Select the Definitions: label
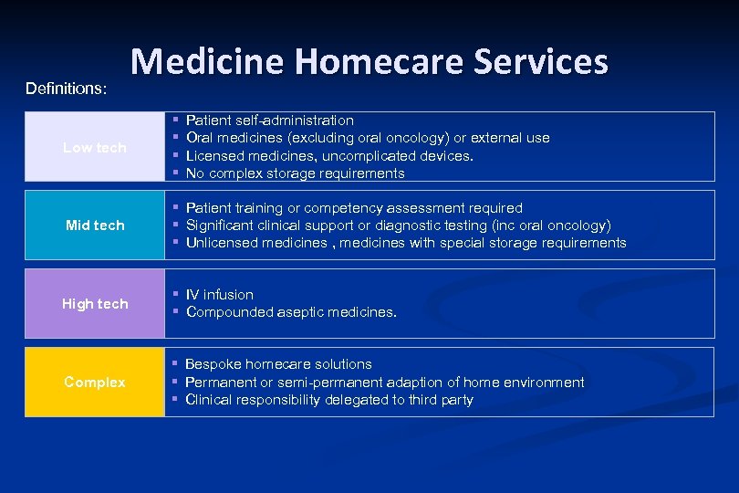coord(66,89)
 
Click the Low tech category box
coord(95,147)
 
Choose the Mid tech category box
coord(95,225)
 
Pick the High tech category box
coord(95,303)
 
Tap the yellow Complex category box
coord(95,382)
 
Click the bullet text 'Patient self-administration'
coord(269,121)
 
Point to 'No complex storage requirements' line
coord(295,173)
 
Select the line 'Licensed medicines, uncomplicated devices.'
coord(329,156)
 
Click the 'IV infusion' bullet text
coord(219,295)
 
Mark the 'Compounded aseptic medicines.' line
coord(291,312)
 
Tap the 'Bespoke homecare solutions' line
coord(278,364)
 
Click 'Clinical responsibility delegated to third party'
coord(328,400)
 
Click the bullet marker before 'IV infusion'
coord(174,295)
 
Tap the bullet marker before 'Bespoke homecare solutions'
coord(174,364)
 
